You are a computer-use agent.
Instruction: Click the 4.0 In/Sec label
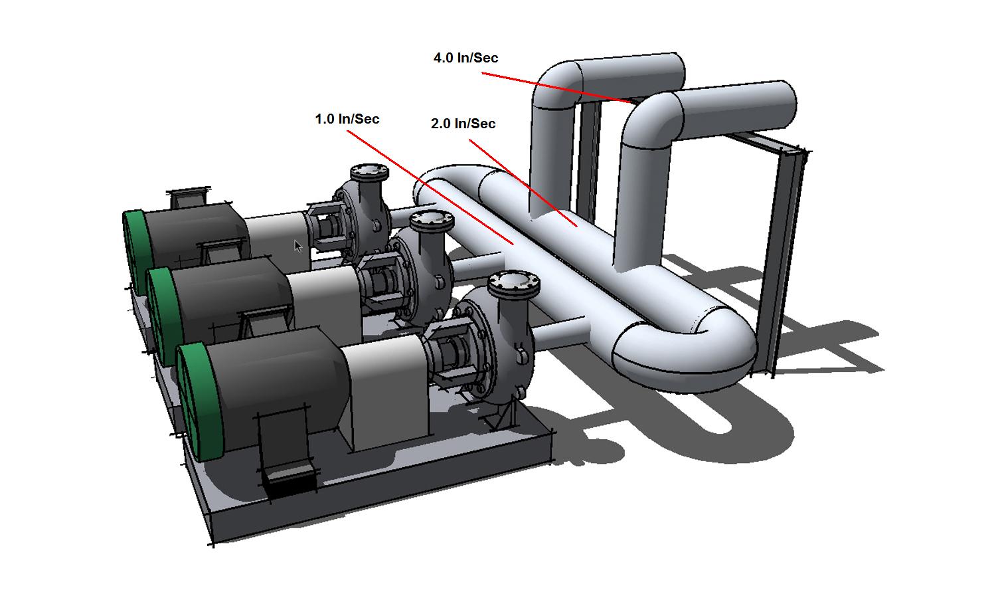(x=465, y=58)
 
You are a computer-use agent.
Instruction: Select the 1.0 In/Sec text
(x=347, y=119)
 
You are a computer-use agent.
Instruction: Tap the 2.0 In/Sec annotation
(x=463, y=124)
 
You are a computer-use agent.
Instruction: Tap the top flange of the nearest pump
(x=513, y=285)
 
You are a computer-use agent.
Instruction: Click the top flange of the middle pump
(x=432, y=221)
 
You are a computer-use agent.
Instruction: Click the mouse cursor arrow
(x=298, y=246)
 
